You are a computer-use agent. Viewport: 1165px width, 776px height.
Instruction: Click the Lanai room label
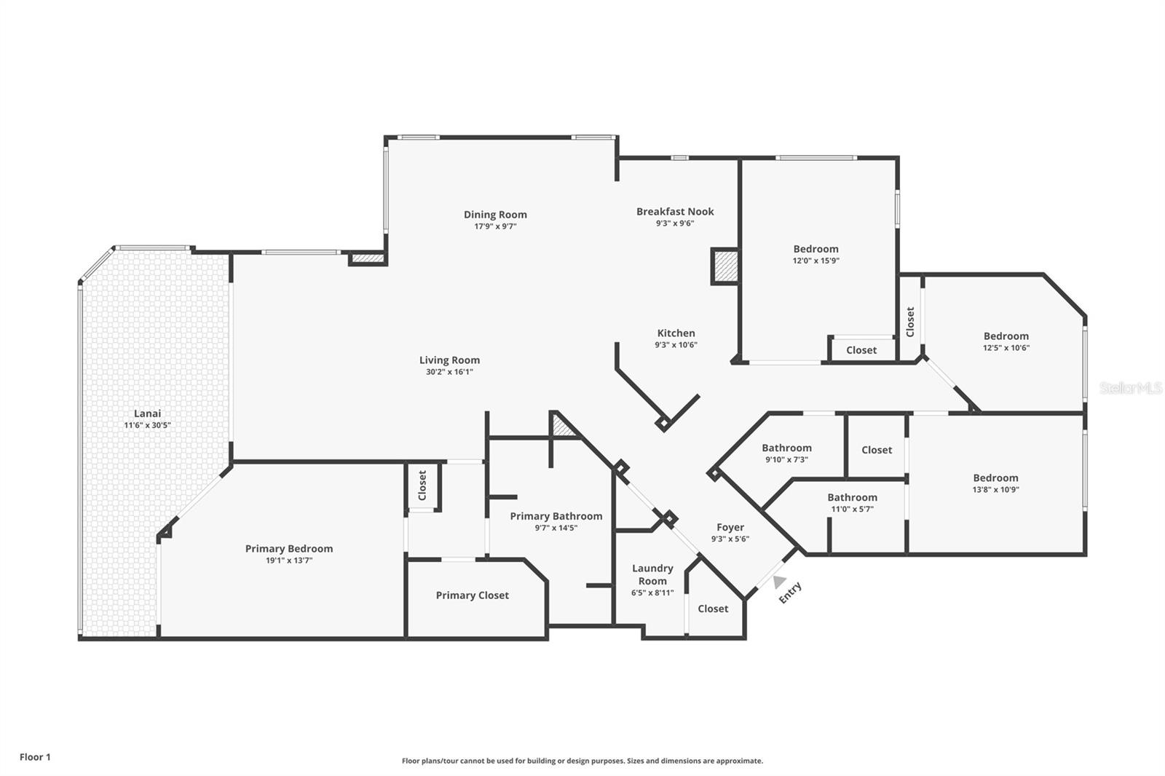147,413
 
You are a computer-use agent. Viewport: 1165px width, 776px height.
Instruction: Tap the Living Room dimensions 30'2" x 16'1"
449,372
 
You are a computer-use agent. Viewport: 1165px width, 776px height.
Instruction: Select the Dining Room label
495,214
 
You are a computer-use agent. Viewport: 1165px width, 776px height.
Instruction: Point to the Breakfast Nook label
675,211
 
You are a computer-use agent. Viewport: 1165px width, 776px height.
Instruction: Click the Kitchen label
676,333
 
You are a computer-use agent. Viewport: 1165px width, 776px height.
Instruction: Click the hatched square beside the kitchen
725,266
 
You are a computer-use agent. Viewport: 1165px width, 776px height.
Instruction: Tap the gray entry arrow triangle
779,582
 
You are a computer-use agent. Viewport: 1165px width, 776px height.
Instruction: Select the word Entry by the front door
790,592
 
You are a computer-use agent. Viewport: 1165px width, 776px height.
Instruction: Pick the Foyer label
730,527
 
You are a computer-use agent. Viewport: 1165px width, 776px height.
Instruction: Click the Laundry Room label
652,574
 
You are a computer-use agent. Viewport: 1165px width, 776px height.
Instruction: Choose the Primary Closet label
472,595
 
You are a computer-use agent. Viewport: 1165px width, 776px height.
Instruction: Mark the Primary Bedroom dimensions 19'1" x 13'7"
289,561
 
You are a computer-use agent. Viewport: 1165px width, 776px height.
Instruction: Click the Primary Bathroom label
556,516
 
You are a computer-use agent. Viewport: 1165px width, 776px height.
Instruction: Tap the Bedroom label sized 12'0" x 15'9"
815,249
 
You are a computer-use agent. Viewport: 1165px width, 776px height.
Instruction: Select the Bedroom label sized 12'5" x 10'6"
1006,336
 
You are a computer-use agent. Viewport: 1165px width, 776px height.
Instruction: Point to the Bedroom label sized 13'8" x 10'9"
995,478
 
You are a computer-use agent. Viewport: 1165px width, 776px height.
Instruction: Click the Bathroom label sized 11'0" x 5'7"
852,497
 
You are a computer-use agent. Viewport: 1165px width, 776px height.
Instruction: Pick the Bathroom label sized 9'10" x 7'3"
786,448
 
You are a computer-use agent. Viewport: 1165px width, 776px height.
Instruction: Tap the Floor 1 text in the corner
35,757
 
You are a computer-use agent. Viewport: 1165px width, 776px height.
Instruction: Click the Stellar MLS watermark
1130,388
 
